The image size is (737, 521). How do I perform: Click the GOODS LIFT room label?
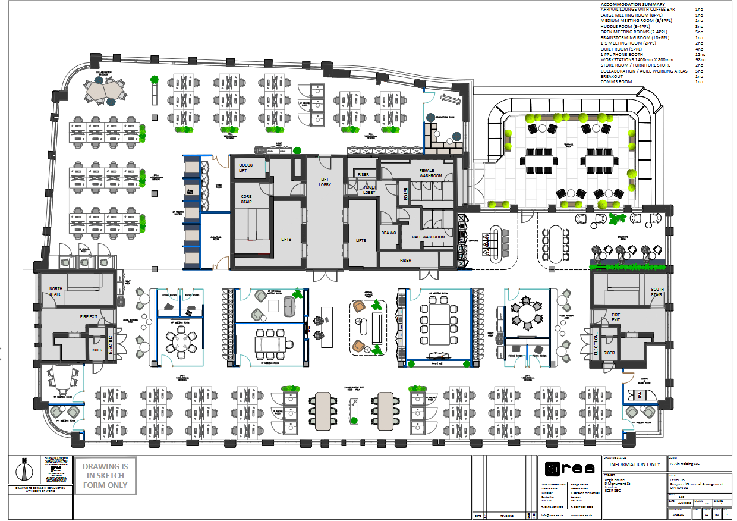point(245,167)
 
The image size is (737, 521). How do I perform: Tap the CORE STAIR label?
point(246,199)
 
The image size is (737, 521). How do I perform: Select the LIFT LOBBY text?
point(324,181)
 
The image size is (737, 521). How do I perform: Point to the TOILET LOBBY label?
point(370,189)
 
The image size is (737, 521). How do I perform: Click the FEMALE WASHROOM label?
point(431,173)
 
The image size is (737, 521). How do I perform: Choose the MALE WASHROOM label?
point(428,237)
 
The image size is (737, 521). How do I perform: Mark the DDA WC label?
point(389,233)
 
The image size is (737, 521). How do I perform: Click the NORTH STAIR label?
point(55,291)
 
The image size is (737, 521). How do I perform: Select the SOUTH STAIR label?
point(656,292)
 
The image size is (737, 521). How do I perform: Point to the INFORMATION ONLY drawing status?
point(635,464)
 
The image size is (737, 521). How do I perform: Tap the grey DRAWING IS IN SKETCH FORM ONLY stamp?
point(105,475)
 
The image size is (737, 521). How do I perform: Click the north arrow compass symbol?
point(24,470)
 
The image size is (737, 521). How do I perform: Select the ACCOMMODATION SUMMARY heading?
point(633,5)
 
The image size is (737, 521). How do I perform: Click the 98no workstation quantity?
point(700,59)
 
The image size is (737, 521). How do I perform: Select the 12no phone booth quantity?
point(700,54)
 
